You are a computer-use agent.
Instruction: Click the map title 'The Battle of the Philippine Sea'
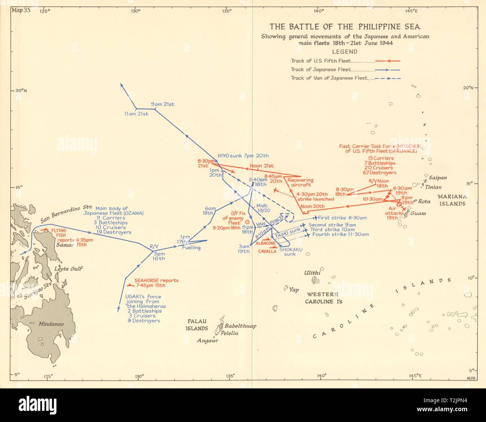pyautogui.click(x=345, y=27)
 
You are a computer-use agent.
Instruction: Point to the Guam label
pyautogui.click(x=418, y=214)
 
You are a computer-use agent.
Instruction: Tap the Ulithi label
pyautogui.click(x=312, y=273)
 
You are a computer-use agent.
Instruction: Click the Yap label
pyautogui.click(x=294, y=290)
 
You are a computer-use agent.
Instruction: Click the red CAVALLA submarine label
pyautogui.click(x=268, y=251)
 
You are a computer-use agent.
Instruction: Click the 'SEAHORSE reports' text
pyautogui.click(x=156, y=280)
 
